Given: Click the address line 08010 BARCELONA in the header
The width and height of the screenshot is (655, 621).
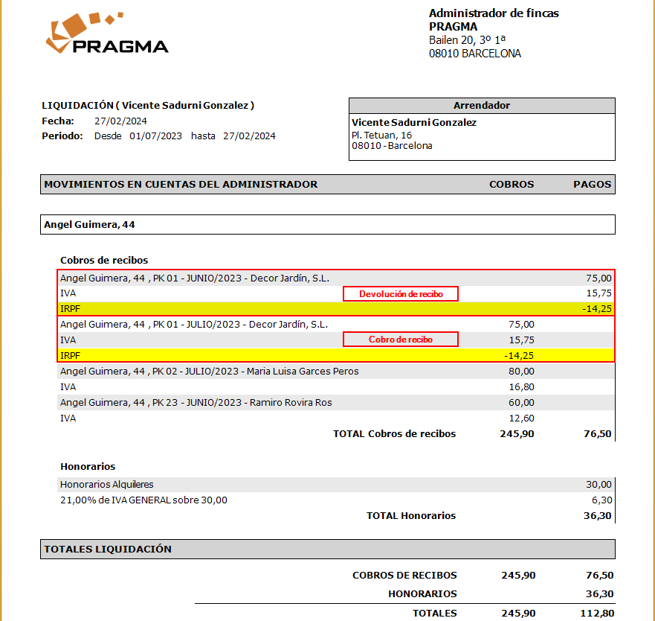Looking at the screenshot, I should tap(474, 54).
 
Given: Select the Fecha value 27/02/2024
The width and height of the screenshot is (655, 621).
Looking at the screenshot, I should tap(120, 121).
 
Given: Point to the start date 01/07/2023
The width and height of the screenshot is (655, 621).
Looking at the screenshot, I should tap(155, 136).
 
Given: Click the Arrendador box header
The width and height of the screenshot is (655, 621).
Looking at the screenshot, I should tap(482, 106).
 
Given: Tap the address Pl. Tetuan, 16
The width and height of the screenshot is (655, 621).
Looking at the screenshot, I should tap(381, 135).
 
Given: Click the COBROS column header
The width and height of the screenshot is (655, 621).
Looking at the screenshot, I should tap(512, 184).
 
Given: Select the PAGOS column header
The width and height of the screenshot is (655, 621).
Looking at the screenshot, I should tap(592, 184).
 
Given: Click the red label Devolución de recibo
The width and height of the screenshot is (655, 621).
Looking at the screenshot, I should tap(401, 294).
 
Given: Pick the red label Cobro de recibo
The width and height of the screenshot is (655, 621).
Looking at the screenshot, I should tap(401, 340).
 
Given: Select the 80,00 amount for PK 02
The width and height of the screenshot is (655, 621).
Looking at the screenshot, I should tap(520, 371).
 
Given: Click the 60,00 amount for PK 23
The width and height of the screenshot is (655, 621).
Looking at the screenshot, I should tap(520, 402).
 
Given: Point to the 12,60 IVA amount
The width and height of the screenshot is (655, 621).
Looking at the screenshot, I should tap(521, 418).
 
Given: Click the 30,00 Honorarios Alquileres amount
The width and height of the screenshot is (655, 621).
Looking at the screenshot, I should tap(598, 484).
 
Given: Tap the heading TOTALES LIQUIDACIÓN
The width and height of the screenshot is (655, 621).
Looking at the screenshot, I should tap(108, 549).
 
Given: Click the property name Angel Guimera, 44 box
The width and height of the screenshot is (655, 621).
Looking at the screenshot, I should tap(328, 224).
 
